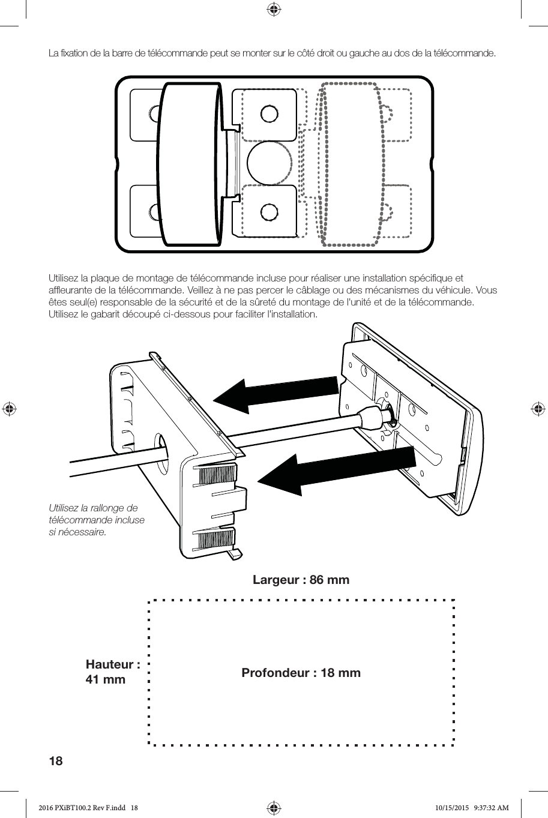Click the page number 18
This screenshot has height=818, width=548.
(55, 762)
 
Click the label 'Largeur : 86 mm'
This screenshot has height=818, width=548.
(301, 580)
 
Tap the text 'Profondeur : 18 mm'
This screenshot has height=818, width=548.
(301, 673)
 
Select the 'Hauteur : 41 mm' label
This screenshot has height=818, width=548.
(112, 672)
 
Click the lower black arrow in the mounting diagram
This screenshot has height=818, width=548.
(337, 471)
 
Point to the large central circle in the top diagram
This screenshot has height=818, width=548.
(269, 163)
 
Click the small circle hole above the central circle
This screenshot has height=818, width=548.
(269, 113)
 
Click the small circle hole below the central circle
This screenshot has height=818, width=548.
(269, 212)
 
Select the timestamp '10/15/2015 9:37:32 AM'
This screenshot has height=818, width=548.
(471, 808)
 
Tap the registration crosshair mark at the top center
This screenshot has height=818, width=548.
(274, 9)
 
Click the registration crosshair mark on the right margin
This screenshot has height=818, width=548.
(538, 409)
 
